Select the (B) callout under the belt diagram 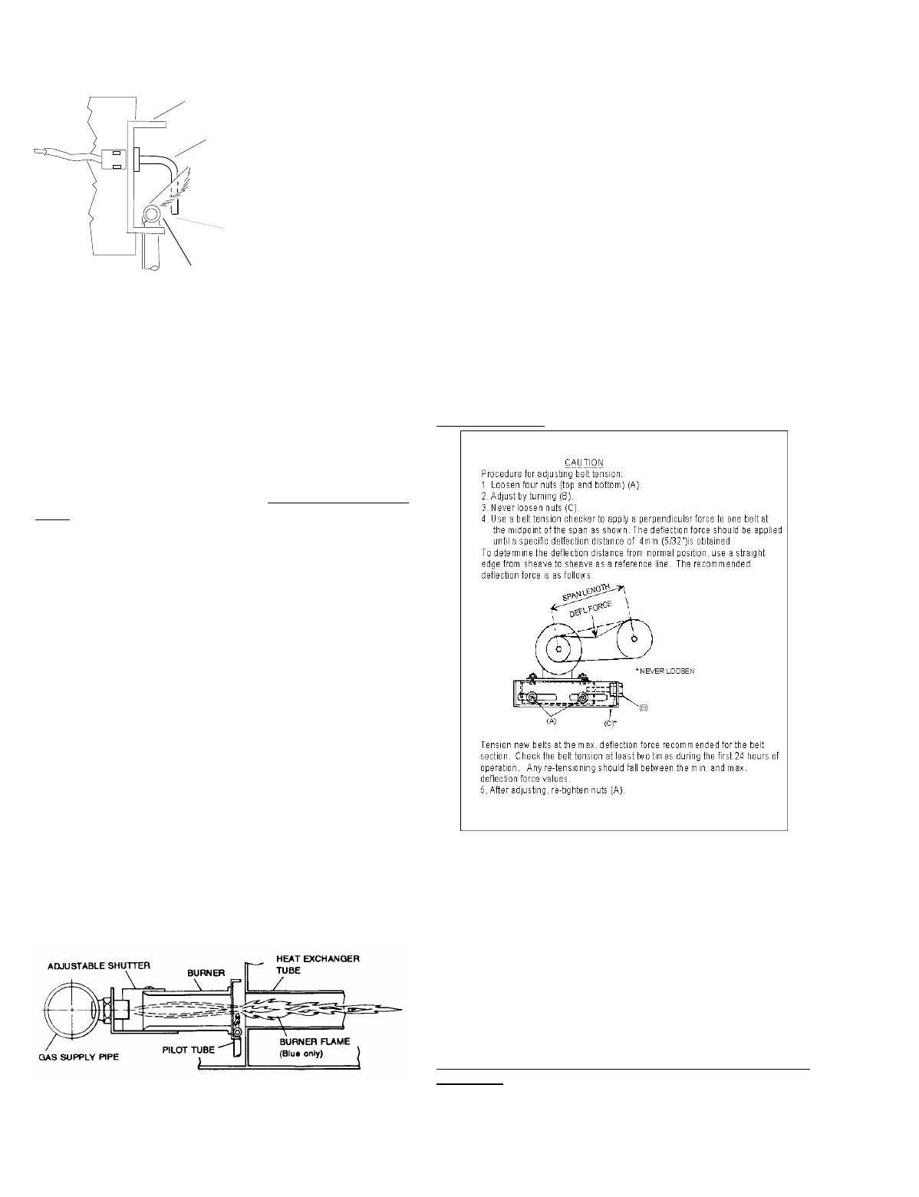tap(644, 708)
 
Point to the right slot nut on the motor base tap(584, 698)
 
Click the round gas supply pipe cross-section tap(71, 1011)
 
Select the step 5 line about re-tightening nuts tap(552, 791)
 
